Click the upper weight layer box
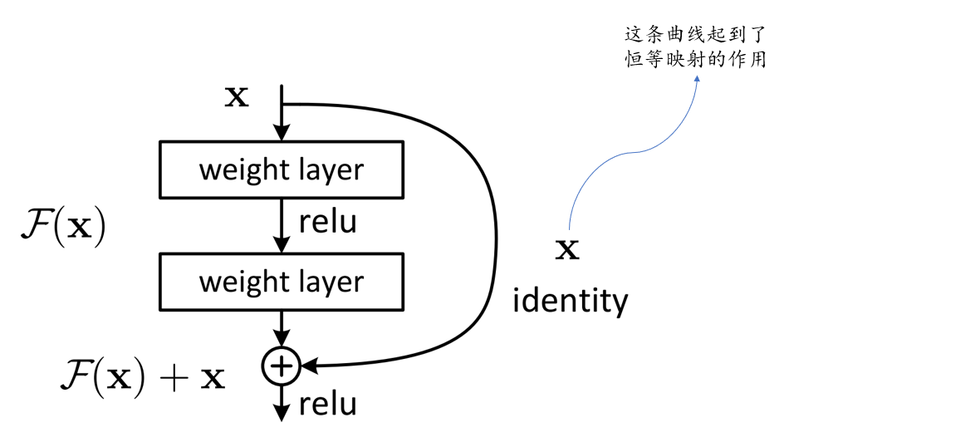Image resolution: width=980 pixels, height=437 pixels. pos(281,169)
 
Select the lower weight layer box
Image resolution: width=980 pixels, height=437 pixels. pos(281,282)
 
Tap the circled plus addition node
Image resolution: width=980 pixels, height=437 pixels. pos(282,365)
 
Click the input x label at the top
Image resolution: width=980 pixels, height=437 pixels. pos(237,97)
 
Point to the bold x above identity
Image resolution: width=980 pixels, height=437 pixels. pos(567,249)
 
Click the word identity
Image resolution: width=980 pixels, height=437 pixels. pos(570,301)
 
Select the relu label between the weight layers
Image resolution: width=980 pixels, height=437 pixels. pos(327,222)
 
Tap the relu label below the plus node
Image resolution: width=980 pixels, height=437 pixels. pos(327,405)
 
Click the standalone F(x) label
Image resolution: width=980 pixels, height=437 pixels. pos(62,228)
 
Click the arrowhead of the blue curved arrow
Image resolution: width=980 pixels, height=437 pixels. pos(696,78)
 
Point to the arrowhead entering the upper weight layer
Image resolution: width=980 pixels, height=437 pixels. pos(282,132)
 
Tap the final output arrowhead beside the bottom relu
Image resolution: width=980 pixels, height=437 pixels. pos(282,412)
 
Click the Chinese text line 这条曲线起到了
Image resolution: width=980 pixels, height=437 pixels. pos(695,36)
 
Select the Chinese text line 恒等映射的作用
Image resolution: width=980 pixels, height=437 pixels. pos(695,60)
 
